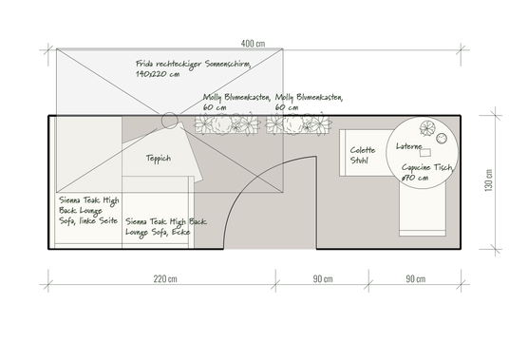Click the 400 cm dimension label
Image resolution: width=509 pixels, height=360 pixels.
(x=253, y=44)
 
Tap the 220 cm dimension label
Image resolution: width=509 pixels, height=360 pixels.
(x=165, y=279)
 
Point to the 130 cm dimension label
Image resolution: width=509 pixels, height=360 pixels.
(x=488, y=180)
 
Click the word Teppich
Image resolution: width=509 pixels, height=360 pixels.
(x=159, y=159)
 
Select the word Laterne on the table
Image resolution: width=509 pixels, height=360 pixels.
(x=409, y=146)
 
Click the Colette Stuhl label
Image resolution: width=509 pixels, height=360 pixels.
(x=363, y=155)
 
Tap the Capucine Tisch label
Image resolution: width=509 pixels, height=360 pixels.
(x=427, y=172)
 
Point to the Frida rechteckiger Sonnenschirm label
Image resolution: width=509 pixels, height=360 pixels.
(x=194, y=68)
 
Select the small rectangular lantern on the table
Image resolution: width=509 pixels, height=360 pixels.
(x=425, y=152)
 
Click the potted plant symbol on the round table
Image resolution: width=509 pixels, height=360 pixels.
(x=427, y=128)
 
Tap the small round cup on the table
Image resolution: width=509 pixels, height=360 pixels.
(x=442, y=139)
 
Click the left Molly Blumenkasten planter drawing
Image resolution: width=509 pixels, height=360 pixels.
(x=227, y=124)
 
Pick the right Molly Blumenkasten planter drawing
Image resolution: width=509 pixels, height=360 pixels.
(x=298, y=124)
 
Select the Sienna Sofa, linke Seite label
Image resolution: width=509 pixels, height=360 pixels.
(x=88, y=210)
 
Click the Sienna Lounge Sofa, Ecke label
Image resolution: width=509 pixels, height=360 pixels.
(x=166, y=227)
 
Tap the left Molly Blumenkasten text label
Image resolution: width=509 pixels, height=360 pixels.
(x=236, y=102)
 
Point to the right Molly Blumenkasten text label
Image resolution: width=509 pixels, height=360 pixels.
(x=309, y=102)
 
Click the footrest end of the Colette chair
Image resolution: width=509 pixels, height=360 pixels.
(x=423, y=233)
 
